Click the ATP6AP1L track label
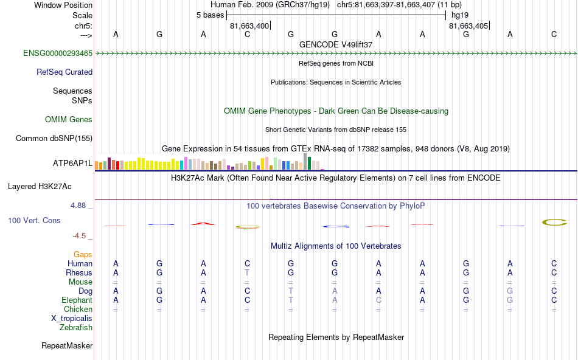point(72,164)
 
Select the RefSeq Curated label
point(64,72)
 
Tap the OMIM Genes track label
point(69,120)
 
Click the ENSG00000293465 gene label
point(58,54)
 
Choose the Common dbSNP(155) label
point(54,139)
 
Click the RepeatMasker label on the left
point(67,346)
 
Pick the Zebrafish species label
point(76,328)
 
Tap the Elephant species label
point(77,300)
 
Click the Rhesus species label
point(79,273)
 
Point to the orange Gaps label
point(83,255)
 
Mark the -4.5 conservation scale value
point(82,236)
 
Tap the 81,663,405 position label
point(468,26)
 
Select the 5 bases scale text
point(210,15)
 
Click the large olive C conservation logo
point(554,223)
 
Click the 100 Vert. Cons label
point(34,220)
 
